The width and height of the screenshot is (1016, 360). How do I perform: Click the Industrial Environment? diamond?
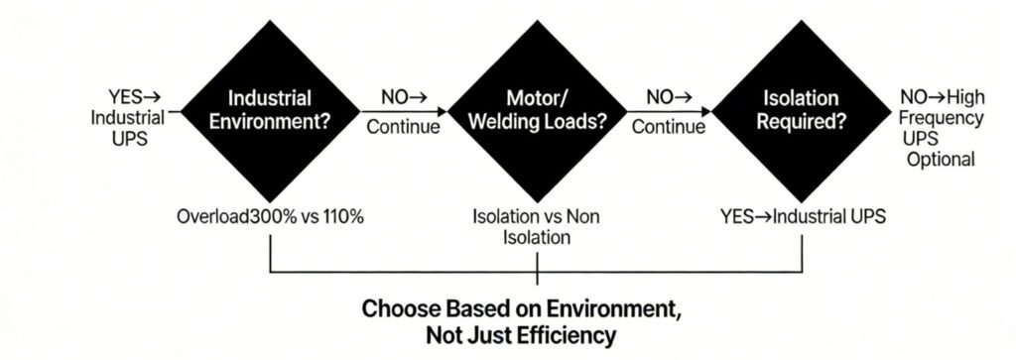[x=270, y=113]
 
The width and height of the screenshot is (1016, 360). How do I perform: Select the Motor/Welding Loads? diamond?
[x=536, y=113]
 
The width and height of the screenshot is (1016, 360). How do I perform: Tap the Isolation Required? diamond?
[x=802, y=113]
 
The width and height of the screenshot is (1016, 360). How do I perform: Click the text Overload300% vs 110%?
[x=271, y=216]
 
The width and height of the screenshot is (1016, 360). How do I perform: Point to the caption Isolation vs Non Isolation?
[x=536, y=227]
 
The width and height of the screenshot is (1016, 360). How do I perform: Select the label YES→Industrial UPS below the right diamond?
[x=802, y=216]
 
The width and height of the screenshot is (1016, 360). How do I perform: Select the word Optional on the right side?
[x=942, y=159]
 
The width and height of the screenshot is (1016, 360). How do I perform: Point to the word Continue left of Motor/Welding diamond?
[x=403, y=127]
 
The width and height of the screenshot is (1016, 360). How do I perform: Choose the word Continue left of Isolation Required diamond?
[x=668, y=127]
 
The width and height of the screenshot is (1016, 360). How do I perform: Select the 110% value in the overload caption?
[x=340, y=216]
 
